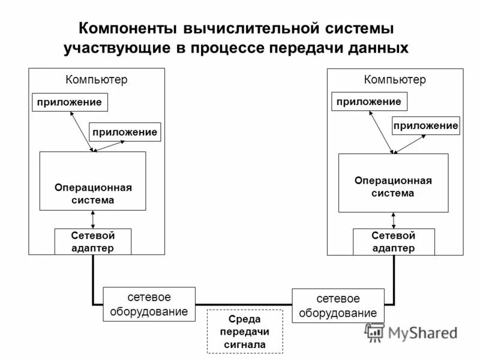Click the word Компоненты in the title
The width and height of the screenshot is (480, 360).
pos(123,28)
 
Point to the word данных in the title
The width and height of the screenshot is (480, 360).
pos(378,48)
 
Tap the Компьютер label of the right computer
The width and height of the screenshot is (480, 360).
pos(395,79)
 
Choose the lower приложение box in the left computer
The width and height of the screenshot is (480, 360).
pos(125,131)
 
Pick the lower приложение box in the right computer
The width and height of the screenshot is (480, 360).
pos(425,125)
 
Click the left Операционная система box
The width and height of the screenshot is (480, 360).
pos(92,181)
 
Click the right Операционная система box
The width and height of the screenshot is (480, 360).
pos(393,183)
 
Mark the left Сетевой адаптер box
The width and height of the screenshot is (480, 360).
pos(92,242)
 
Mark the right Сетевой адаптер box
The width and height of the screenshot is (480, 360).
pos(393,242)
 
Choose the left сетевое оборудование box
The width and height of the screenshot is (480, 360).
pos(149,304)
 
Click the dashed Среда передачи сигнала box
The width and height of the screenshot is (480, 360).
pos(244,331)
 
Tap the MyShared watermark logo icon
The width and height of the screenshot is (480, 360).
pos(375,332)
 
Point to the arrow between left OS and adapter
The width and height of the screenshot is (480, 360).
pos(92,220)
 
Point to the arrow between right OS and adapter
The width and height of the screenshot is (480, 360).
pos(393,220)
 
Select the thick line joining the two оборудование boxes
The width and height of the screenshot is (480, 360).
pos(244,304)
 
